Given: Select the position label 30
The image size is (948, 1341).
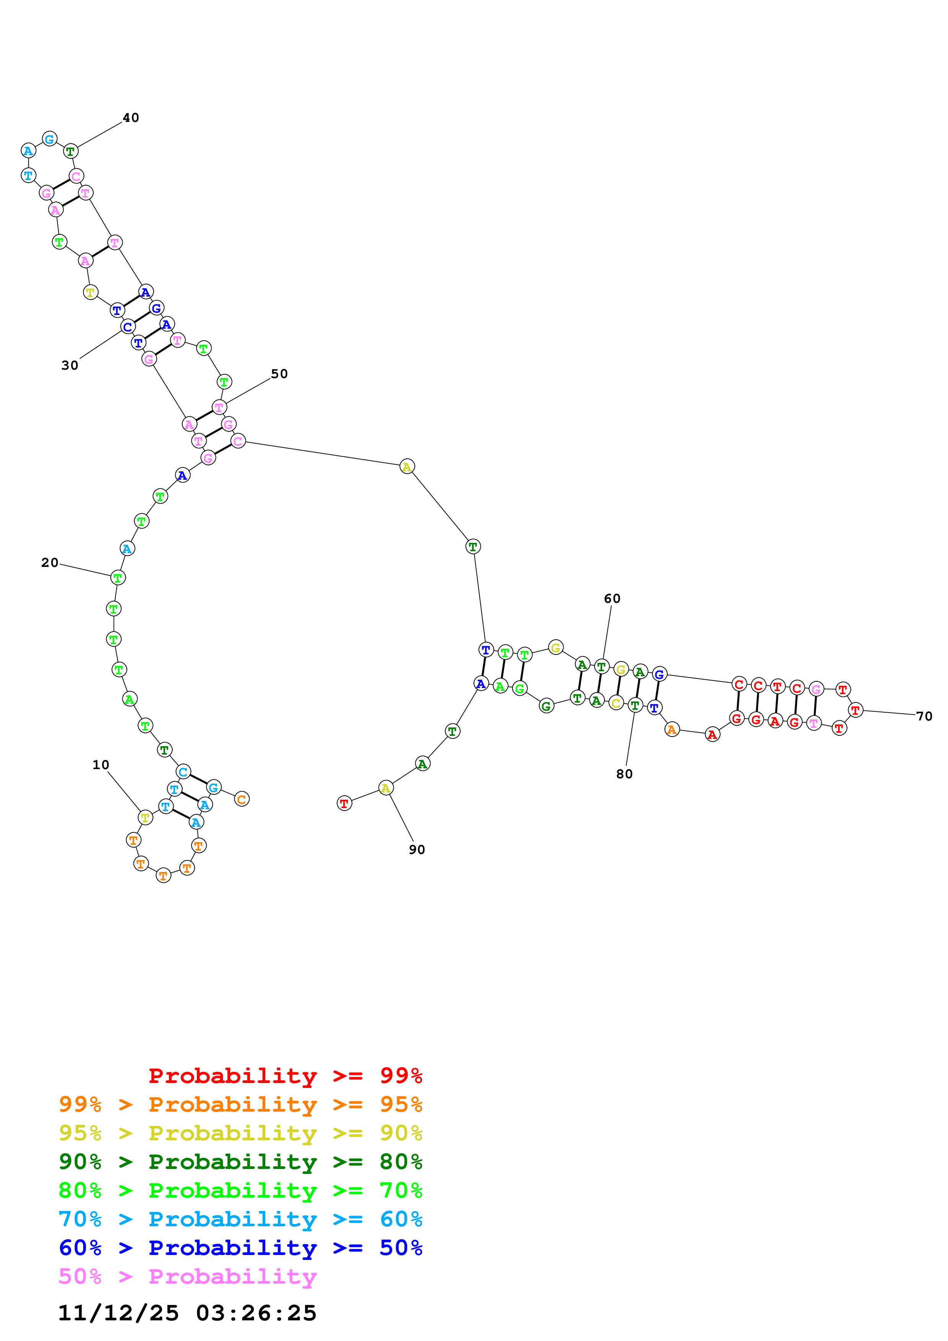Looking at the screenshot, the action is point(70,365).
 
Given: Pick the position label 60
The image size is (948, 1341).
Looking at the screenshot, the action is point(612,598).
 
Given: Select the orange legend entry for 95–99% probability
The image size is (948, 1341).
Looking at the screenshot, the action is point(241,1104).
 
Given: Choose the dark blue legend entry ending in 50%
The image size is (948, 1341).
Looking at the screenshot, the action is point(241,1248).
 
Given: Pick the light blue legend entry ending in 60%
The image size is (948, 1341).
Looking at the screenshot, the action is point(241,1219).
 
